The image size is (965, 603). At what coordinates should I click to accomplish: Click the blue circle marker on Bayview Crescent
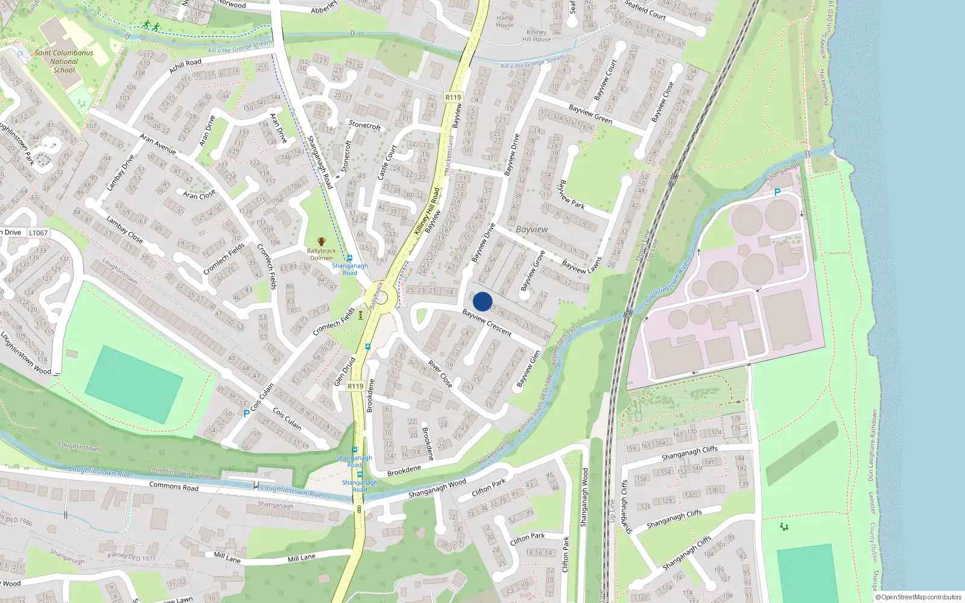pyautogui.click(x=482, y=301)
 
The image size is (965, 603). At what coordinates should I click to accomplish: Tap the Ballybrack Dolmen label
pyautogui.click(x=321, y=254)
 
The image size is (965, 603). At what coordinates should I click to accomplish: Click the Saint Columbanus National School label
pyautogui.click(x=64, y=61)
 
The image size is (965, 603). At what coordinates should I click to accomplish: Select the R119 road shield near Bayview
pyautogui.click(x=453, y=97)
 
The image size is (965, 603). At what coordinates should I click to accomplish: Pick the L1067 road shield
pyautogui.click(x=38, y=233)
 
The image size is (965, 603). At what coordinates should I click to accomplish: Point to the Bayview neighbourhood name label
pyautogui.click(x=532, y=230)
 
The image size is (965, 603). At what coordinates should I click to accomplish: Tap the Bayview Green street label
pyautogui.click(x=590, y=114)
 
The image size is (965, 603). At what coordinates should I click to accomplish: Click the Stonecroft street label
pyautogui.click(x=365, y=125)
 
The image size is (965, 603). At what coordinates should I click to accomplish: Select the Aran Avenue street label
pyautogui.click(x=158, y=144)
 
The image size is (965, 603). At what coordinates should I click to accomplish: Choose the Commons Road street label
pyautogui.click(x=174, y=486)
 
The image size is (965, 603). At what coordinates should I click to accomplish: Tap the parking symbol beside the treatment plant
pyautogui.click(x=777, y=192)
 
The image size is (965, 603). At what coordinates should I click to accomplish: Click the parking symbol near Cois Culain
pyautogui.click(x=246, y=414)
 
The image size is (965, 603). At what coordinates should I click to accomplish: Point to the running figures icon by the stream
pyautogui.click(x=151, y=26)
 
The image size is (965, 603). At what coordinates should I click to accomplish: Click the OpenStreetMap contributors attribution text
pyautogui.click(x=918, y=597)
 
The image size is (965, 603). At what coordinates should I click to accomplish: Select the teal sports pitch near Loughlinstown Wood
pyautogui.click(x=134, y=376)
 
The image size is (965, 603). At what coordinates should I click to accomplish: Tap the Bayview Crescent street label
pyautogui.click(x=487, y=322)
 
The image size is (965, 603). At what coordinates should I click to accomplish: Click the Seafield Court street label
pyautogui.click(x=645, y=10)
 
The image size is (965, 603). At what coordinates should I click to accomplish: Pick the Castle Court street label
pyautogui.click(x=387, y=162)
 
